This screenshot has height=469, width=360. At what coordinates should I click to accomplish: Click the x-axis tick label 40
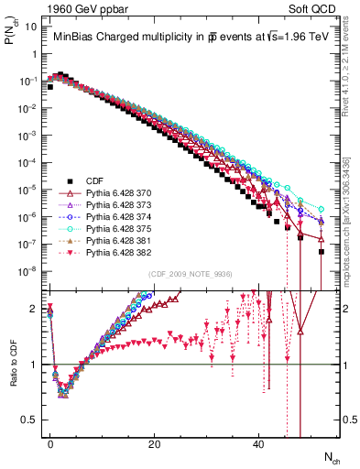pyautogui.click(x=258, y=443)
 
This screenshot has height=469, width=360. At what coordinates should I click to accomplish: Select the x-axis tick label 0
pyautogui.click(x=50, y=443)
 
